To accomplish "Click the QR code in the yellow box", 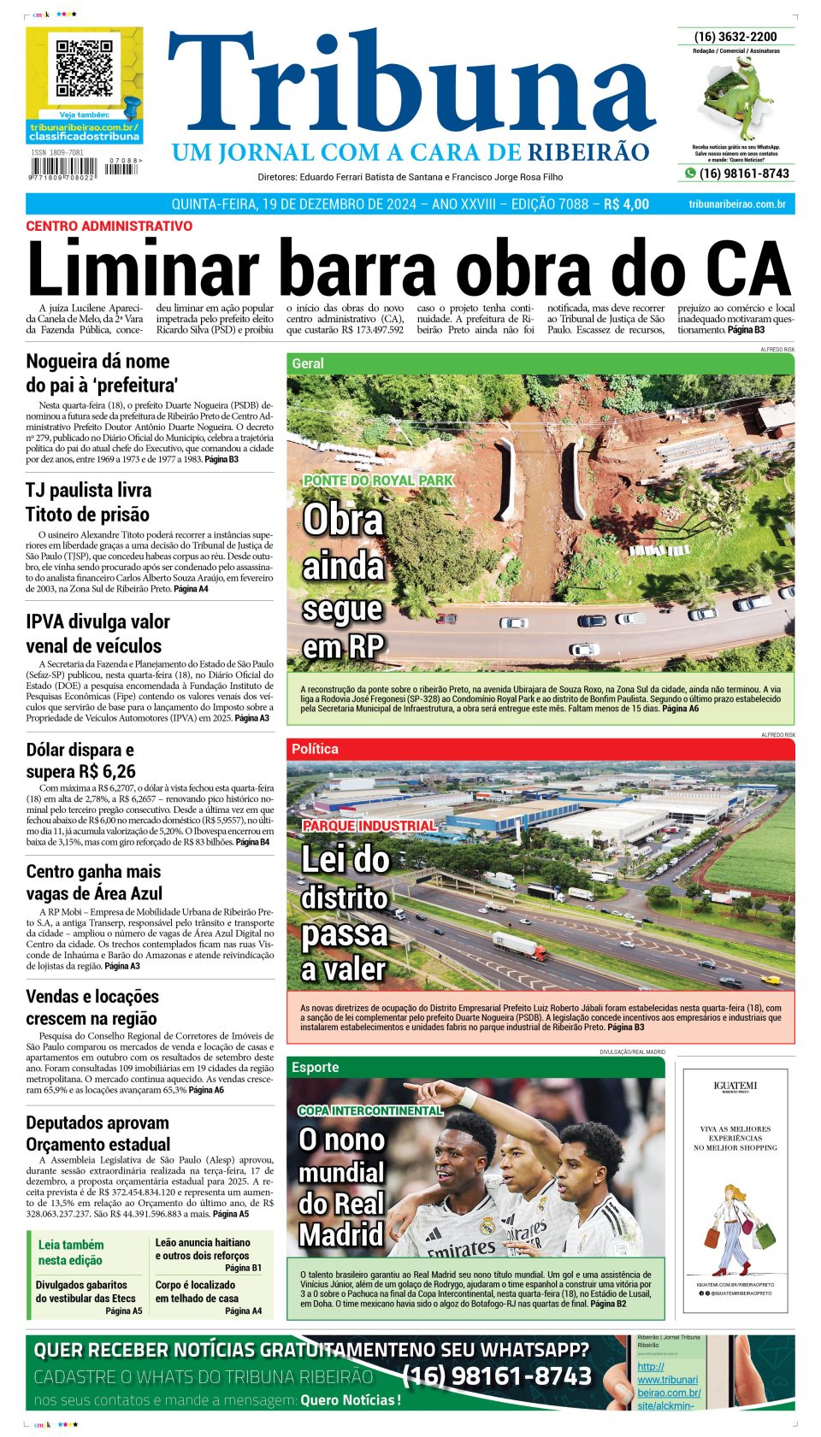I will (84, 68).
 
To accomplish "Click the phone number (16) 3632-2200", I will (735, 37).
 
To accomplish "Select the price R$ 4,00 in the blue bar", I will (626, 204).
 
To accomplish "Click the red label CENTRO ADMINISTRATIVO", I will (109, 227).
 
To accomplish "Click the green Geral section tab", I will (308, 363).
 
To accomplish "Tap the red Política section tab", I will (315, 749).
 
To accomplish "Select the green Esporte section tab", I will (315, 1067).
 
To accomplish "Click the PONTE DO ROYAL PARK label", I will (378, 480).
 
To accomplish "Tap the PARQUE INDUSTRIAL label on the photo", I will (369, 826).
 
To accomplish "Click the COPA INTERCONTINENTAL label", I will (370, 1110).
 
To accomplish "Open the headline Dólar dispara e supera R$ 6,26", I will (80, 761).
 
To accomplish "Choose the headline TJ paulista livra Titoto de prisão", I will (88, 502).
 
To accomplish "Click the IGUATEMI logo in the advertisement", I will (735, 1087).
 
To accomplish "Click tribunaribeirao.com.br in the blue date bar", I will (736, 204).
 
